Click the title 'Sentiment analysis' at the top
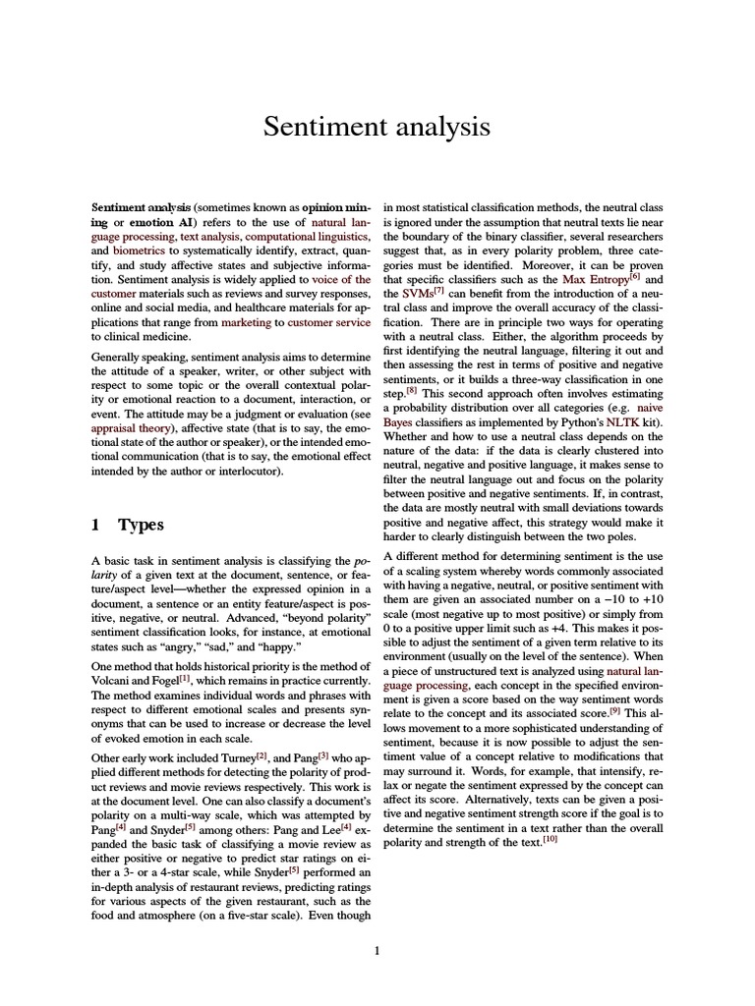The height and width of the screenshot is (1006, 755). (377, 127)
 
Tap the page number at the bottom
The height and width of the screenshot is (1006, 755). (377, 949)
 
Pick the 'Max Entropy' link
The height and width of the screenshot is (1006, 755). (595, 280)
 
